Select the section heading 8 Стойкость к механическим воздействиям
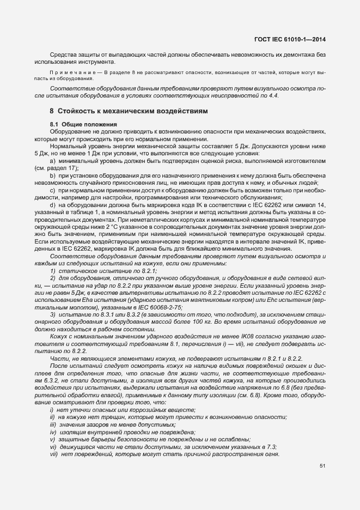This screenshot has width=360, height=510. point(129,111)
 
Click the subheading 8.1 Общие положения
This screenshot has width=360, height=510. point(79,125)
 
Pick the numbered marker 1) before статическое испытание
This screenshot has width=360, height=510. point(53,271)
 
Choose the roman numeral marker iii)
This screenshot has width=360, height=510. point(53,424)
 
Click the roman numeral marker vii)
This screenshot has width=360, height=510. point(53,454)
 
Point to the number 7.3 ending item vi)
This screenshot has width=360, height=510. point(271,447)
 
